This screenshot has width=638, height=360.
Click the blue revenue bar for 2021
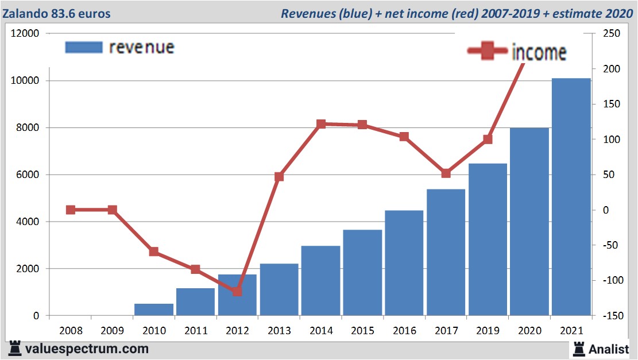click(571, 197)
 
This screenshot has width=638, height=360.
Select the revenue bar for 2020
click(529, 222)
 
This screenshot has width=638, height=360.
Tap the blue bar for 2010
click(154, 309)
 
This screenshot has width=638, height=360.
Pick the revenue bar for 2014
click(320, 281)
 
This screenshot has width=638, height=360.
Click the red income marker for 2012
click(237, 291)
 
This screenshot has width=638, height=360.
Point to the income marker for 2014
click(321, 124)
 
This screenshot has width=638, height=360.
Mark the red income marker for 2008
click(71, 210)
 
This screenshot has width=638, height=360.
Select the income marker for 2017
click(446, 173)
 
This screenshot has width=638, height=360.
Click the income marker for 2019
click(488, 139)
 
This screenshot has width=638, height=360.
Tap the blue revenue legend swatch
click(84, 47)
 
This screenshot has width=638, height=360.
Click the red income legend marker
click(488, 52)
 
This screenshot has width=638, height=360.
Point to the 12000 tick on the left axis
click(25, 33)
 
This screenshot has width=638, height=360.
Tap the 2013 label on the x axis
click(279, 331)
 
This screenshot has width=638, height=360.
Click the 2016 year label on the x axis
click(404, 331)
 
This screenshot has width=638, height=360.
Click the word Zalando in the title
click(26, 13)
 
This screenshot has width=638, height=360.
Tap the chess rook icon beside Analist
click(578, 349)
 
